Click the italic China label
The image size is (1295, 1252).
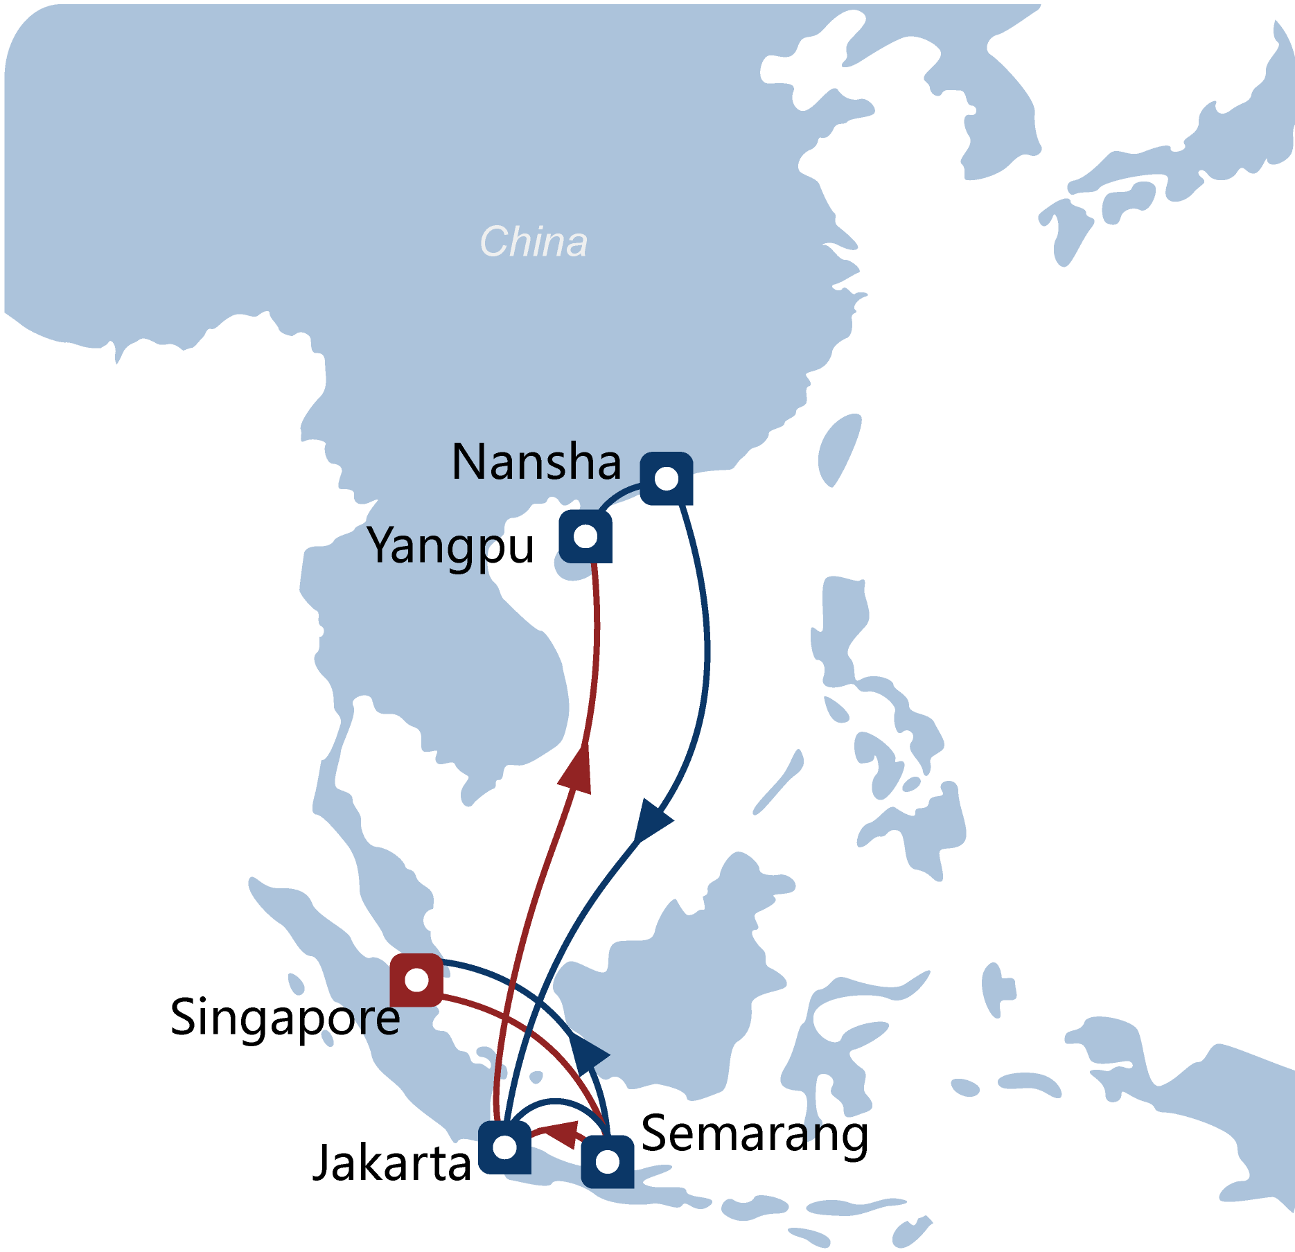pyautogui.click(x=533, y=243)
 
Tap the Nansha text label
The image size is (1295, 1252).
pyautogui.click(x=536, y=462)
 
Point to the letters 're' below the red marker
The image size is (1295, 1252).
pyautogui.click(x=380, y=1019)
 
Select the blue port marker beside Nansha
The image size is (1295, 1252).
pyautogui.click(x=666, y=479)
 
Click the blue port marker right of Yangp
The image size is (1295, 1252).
pyautogui.click(x=585, y=537)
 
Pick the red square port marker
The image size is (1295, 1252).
pyautogui.click(x=416, y=980)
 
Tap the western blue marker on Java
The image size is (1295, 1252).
pyautogui.click(x=504, y=1148)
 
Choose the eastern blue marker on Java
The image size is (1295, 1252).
pyautogui.click(x=607, y=1162)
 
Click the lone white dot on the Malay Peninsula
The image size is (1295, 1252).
pyautogui.click(x=435, y=921)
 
